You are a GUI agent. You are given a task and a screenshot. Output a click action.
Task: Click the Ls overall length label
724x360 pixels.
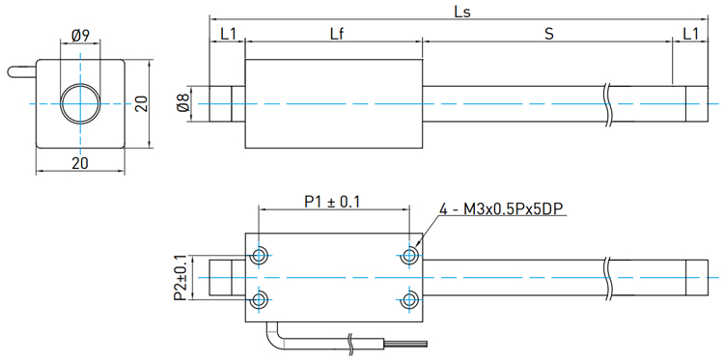(462, 12)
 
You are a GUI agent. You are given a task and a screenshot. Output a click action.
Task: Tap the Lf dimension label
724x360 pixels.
(337, 34)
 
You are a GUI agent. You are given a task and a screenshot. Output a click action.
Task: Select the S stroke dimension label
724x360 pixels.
(548, 34)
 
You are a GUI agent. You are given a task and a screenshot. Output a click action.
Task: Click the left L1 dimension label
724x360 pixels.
(228, 34)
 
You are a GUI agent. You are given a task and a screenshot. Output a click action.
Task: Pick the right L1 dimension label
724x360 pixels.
(690, 34)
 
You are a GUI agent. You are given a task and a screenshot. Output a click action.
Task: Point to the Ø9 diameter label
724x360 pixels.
(80, 36)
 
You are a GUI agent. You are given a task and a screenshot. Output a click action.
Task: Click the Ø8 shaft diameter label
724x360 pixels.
(183, 104)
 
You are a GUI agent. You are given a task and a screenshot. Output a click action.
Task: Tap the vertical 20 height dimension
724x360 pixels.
(142, 103)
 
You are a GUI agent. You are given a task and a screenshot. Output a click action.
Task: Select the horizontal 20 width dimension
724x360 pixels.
(80, 163)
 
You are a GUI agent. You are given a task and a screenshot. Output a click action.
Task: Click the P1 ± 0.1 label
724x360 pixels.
(331, 202)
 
